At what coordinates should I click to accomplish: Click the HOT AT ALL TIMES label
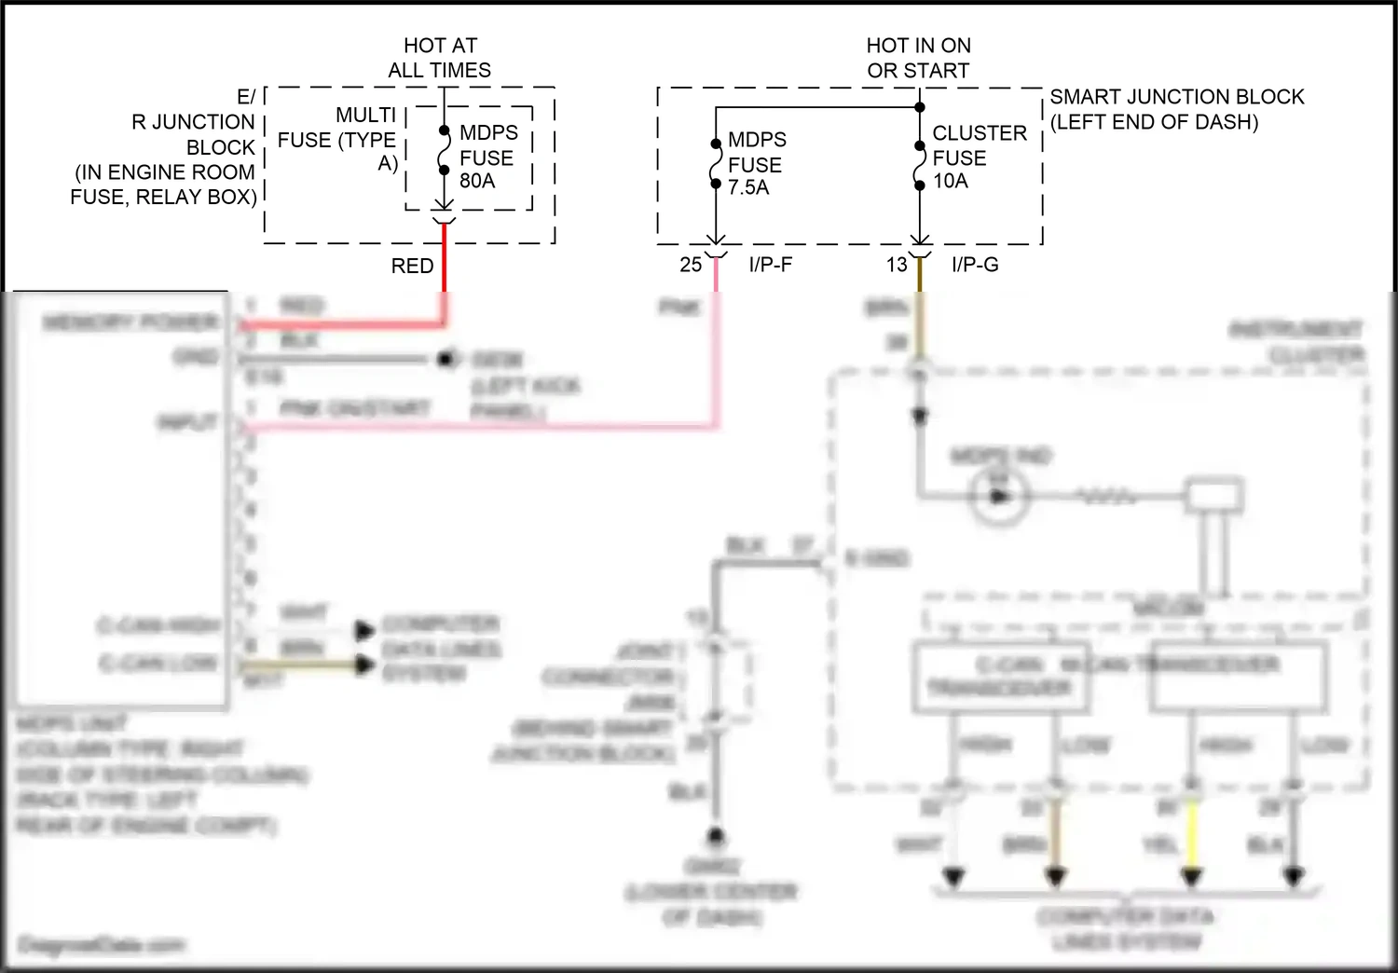point(440,58)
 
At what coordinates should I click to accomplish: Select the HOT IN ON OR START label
point(918,58)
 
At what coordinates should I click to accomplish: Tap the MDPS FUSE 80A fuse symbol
point(444,151)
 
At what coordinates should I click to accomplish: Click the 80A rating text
point(477,181)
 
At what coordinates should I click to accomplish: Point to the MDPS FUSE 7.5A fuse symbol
point(715,164)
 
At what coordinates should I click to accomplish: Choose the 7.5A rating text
point(748,187)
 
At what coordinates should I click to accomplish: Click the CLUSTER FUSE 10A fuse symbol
point(920,164)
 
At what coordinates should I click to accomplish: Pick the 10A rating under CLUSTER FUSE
point(951,181)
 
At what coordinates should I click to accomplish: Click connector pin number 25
point(691,265)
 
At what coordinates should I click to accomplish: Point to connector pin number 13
point(897,265)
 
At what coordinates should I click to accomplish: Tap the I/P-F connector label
point(771,265)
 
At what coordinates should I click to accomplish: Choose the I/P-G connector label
point(975,265)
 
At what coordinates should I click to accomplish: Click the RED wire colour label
point(412,266)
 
